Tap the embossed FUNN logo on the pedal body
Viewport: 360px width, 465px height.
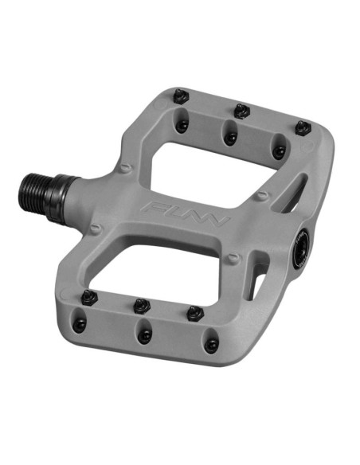click(186, 213)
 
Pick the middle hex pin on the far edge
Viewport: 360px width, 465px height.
click(241, 111)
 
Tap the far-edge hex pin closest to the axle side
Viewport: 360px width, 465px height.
click(182, 96)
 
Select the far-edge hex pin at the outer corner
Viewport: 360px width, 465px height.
click(303, 128)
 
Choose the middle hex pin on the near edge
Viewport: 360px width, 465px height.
click(142, 306)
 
